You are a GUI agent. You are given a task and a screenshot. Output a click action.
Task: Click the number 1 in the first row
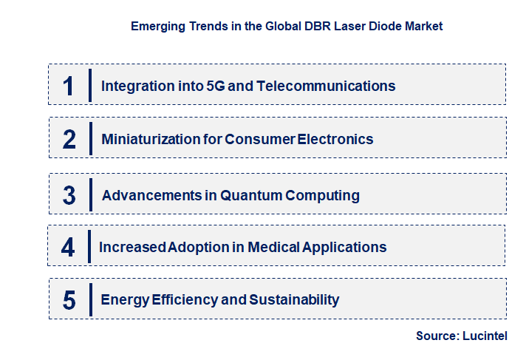click(69, 86)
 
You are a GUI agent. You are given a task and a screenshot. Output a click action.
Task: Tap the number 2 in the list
click(69, 139)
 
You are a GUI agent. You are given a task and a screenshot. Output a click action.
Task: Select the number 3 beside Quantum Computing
click(69, 196)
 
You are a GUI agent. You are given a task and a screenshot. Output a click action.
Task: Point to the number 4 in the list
click(68, 247)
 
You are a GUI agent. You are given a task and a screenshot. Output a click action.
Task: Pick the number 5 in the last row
click(69, 300)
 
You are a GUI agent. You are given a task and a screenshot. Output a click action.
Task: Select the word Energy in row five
click(124, 299)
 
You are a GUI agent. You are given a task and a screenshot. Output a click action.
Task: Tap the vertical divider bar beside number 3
click(90, 194)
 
